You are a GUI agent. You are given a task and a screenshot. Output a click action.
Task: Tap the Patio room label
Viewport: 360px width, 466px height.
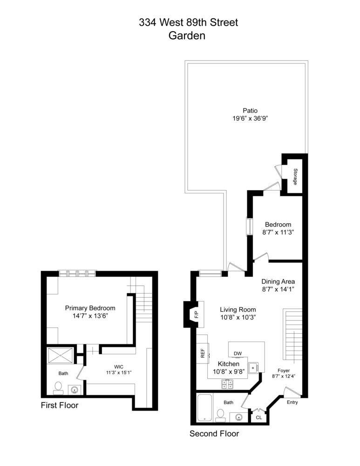[250, 110]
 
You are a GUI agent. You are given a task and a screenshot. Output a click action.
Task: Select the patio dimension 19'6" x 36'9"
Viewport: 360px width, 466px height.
[250, 118]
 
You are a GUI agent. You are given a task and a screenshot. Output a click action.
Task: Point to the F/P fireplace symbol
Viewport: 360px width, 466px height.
[196, 316]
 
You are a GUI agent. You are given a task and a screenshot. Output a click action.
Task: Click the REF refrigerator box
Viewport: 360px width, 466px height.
[203, 354]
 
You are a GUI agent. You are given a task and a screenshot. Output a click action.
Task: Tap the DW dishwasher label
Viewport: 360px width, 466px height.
[238, 353]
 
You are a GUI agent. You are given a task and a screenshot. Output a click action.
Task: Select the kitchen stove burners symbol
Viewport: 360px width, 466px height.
[227, 384]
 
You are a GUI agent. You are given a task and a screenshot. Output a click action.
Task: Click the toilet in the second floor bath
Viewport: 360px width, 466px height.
[221, 413]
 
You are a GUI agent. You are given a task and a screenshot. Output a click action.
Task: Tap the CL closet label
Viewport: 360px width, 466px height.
[258, 418]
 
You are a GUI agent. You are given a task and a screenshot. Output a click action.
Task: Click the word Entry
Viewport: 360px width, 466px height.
[292, 402]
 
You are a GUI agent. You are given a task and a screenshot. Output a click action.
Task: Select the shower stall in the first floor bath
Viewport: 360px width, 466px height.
[60, 356]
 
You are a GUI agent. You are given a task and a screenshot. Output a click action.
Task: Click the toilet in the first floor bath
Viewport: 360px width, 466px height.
[59, 387]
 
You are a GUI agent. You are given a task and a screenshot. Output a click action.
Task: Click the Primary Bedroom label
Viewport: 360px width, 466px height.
[90, 308]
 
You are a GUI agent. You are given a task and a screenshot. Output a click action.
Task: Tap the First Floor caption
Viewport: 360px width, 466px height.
[60, 405]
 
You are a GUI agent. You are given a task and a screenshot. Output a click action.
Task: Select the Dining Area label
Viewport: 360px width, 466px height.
[278, 281]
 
